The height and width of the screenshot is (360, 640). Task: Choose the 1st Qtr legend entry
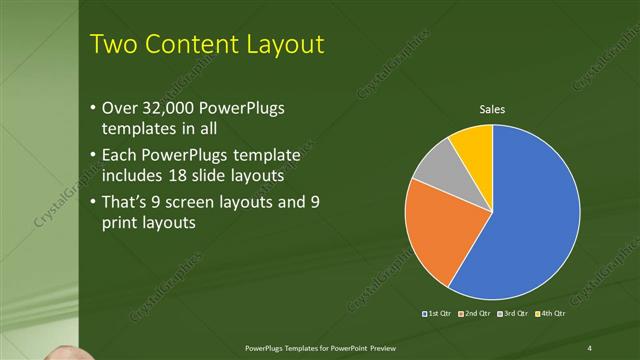pyautogui.click(x=439, y=314)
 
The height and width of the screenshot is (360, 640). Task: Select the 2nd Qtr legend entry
pyautogui.click(x=473, y=314)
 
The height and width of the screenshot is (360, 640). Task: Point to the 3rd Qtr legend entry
pyautogui.click(x=510, y=314)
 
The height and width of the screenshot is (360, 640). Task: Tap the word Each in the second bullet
pyautogui.click(x=122, y=156)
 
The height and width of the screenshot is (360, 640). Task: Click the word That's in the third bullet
pyautogui.click(x=129, y=202)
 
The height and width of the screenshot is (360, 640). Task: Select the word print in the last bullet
pyautogui.click(x=122, y=223)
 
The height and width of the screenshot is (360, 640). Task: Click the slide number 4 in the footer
pyautogui.click(x=589, y=347)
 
